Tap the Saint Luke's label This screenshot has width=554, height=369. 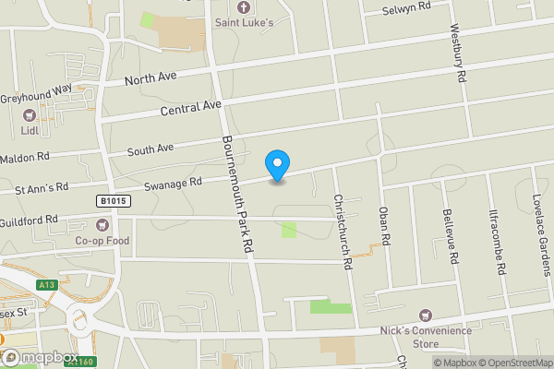[x=245, y=21]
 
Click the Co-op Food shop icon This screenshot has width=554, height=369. [x=102, y=224]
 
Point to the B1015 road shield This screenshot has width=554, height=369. [x=111, y=200]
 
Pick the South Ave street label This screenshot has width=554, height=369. [x=151, y=148]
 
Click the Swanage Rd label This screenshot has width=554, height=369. [x=173, y=183]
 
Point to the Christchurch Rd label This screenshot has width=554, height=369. [x=343, y=231]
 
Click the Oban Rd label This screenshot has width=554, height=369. [x=386, y=227]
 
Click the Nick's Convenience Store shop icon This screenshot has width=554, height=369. [x=426, y=315]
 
